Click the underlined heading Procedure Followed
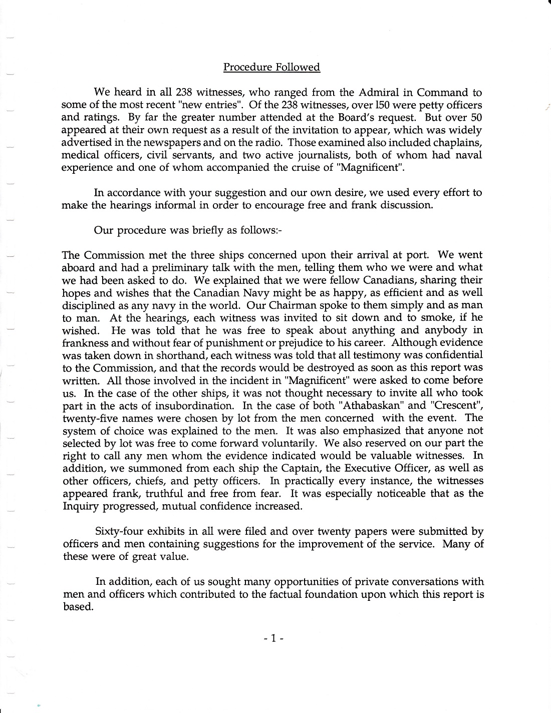(271, 67)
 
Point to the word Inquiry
(79, 506)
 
